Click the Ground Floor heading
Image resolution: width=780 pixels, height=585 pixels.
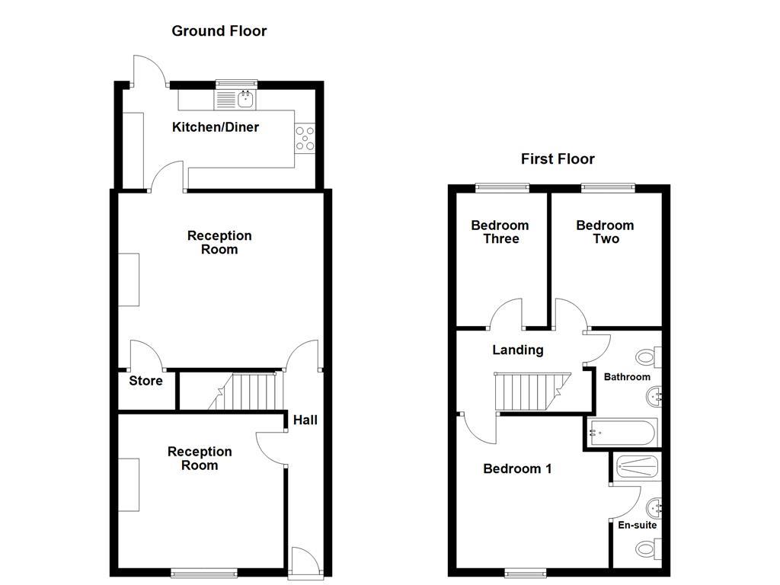point(219,31)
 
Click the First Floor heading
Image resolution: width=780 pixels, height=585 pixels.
point(558,159)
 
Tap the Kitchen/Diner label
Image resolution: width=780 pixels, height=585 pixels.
point(216,127)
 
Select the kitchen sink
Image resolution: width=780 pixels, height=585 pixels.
point(246,99)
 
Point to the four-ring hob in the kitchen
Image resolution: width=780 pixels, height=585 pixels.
point(305,138)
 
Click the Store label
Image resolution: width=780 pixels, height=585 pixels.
point(145,381)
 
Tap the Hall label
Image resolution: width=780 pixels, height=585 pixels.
point(305,420)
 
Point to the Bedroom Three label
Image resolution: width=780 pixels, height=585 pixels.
point(500,232)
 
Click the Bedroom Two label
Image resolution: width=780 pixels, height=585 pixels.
point(605,232)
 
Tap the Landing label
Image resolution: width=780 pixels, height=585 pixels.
point(518,350)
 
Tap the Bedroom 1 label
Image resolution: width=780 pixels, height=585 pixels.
point(517,469)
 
